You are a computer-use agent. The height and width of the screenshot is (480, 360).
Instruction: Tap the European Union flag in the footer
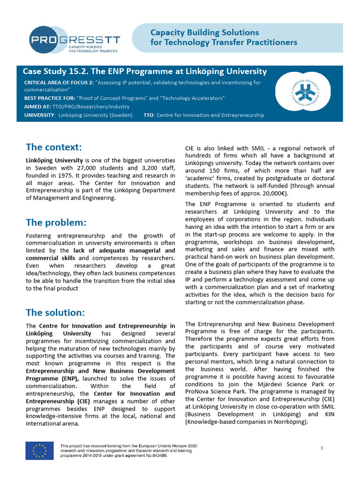click(39, 451)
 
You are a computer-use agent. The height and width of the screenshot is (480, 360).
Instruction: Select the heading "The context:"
click(54, 147)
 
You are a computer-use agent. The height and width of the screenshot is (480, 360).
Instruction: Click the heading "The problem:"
click(56, 222)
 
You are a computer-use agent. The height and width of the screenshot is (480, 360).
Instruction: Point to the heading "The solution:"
click(55, 312)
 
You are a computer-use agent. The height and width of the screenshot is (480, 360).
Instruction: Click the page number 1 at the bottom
click(322, 449)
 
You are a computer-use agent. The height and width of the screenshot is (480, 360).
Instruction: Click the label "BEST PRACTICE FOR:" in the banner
click(49, 98)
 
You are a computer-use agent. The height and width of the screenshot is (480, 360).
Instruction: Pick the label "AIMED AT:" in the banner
click(37, 106)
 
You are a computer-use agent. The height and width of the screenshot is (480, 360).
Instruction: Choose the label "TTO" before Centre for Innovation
click(148, 115)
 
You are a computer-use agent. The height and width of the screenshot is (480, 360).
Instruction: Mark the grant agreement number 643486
click(158, 455)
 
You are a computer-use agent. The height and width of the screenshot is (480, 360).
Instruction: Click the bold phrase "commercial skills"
click(51, 258)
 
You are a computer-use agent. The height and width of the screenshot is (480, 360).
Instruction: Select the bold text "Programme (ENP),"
click(52, 378)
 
